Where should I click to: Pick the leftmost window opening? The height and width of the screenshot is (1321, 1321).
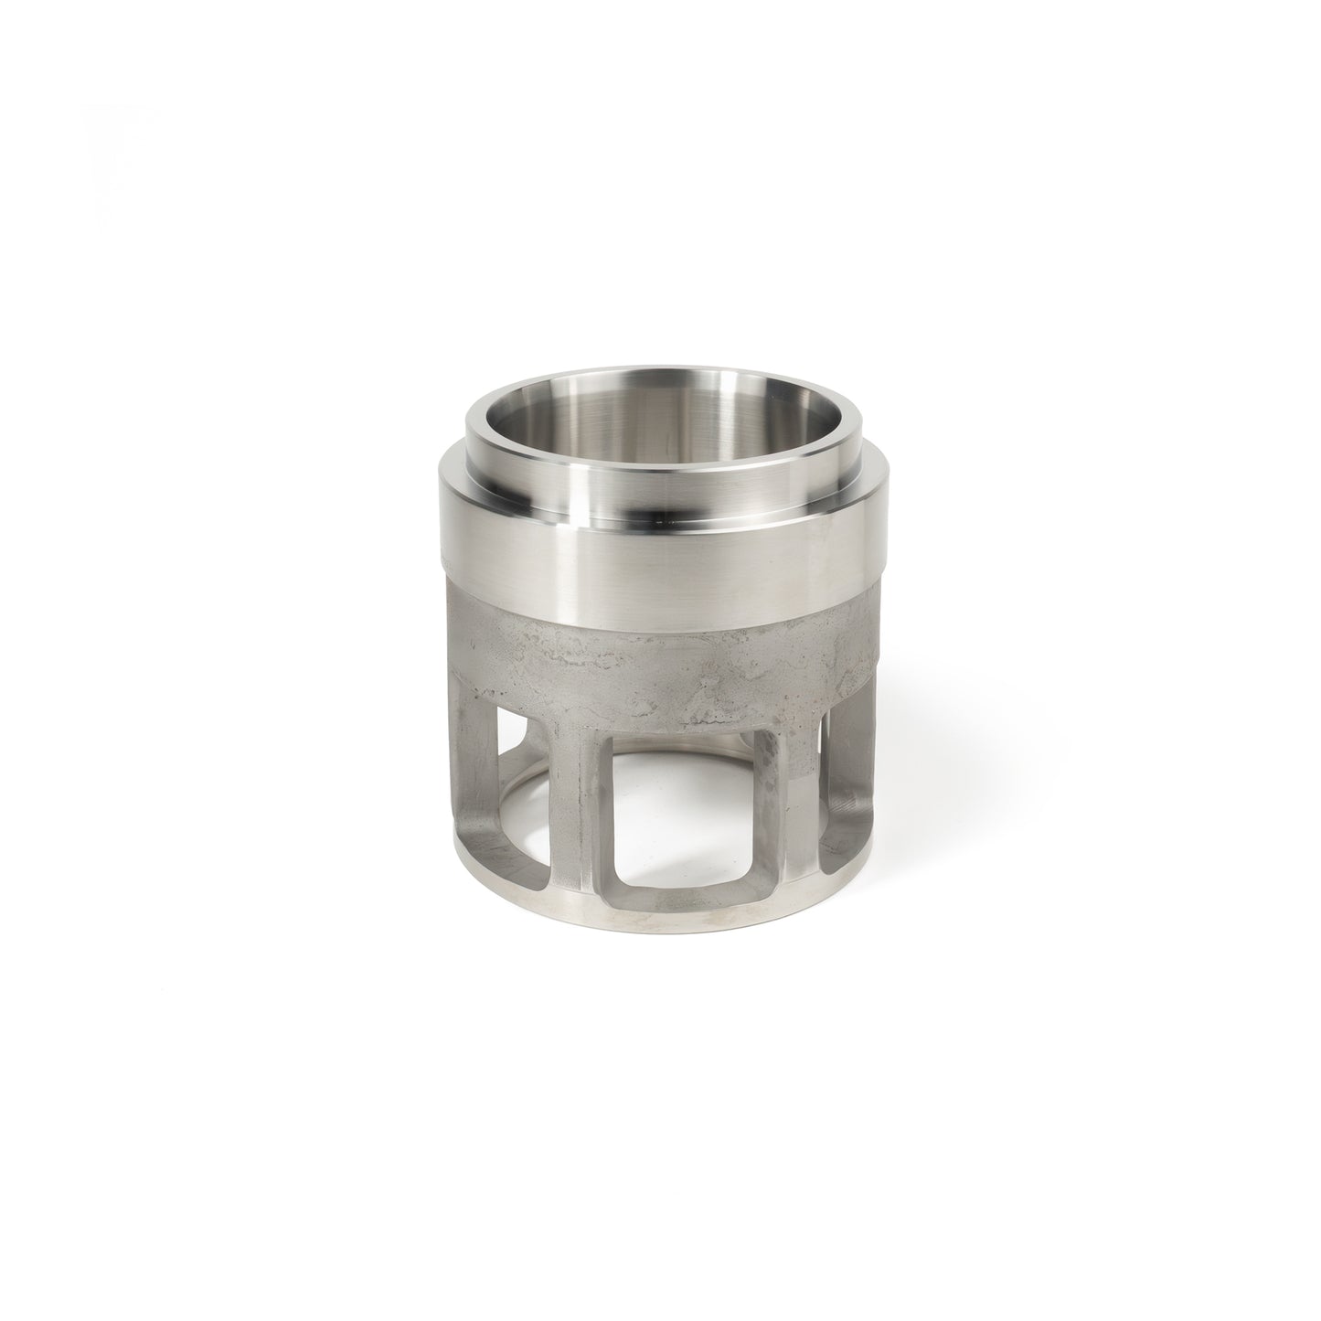(x=512, y=804)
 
